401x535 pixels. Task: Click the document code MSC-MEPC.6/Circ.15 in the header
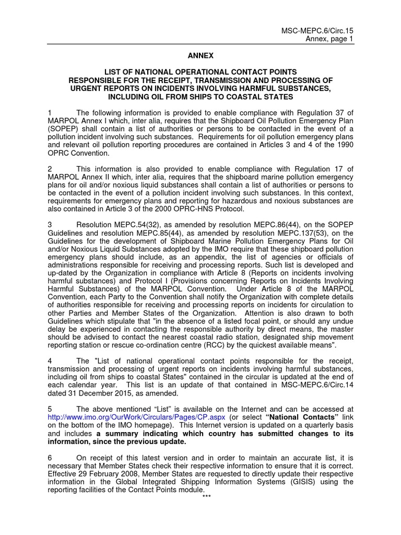click(x=318, y=30)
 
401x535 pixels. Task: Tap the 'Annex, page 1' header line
click(x=328, y=39)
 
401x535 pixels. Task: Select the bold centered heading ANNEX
click(x=200, y=55)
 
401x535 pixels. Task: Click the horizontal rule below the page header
click(x=200, y=44)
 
